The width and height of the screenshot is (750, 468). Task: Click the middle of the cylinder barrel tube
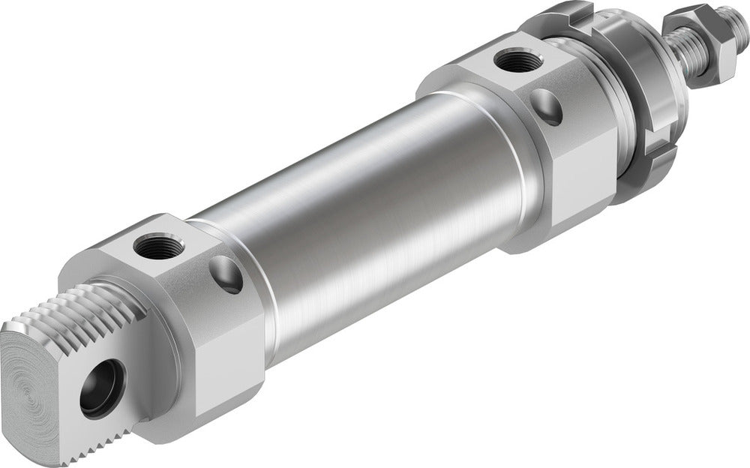(x=360, y=210)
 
